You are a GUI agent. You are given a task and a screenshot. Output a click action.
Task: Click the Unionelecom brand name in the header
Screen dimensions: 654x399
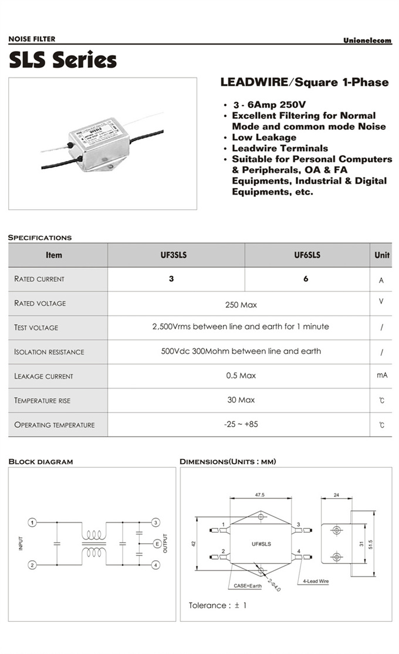point(367,40)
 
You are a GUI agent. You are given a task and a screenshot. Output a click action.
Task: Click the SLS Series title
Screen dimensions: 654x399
point(62,60)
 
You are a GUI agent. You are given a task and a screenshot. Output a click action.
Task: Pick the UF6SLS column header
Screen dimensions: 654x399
point(307,256)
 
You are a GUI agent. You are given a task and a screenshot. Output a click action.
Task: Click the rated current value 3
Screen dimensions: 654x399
point(171,279)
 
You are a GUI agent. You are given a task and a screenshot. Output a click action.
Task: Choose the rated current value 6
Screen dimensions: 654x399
point(306,279)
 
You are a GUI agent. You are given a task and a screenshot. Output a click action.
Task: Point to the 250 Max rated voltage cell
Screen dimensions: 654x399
point(241,305)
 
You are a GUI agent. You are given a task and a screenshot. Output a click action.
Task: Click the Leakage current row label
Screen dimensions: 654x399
point(44,376)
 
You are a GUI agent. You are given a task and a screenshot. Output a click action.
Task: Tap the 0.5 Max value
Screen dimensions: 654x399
point(241,376)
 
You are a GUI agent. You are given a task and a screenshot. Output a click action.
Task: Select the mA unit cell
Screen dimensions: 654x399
point(382,375)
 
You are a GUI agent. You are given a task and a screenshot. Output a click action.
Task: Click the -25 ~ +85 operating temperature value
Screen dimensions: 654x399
point(241,424)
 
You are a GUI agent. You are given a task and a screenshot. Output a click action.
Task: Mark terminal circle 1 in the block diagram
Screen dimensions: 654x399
point(33,522)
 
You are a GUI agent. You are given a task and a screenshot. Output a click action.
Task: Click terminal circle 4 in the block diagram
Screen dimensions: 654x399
point(155,565)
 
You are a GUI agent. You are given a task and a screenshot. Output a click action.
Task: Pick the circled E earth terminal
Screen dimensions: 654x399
point(157,544)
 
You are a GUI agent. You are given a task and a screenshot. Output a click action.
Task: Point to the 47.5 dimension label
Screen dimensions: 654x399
point(260,495)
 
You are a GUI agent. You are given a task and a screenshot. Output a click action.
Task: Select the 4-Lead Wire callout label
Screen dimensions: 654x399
point(316,581)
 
